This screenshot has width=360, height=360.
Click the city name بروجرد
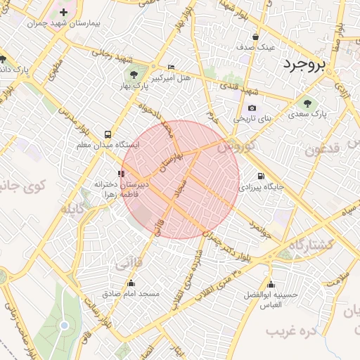(305, 65)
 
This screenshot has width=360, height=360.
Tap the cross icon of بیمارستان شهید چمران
(64, 12)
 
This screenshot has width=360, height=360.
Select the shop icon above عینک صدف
(255, 37)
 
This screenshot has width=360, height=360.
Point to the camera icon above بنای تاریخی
(252, 108)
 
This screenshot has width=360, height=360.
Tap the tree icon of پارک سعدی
(307, 103)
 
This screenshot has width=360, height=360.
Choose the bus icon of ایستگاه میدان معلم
(108, 134)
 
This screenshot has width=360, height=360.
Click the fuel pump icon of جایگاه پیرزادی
(261, 176)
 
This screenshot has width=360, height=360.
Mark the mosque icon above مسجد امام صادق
(131, 283)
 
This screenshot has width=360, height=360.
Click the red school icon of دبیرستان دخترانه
(122, 173)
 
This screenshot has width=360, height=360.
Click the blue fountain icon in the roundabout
(65, 325)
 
